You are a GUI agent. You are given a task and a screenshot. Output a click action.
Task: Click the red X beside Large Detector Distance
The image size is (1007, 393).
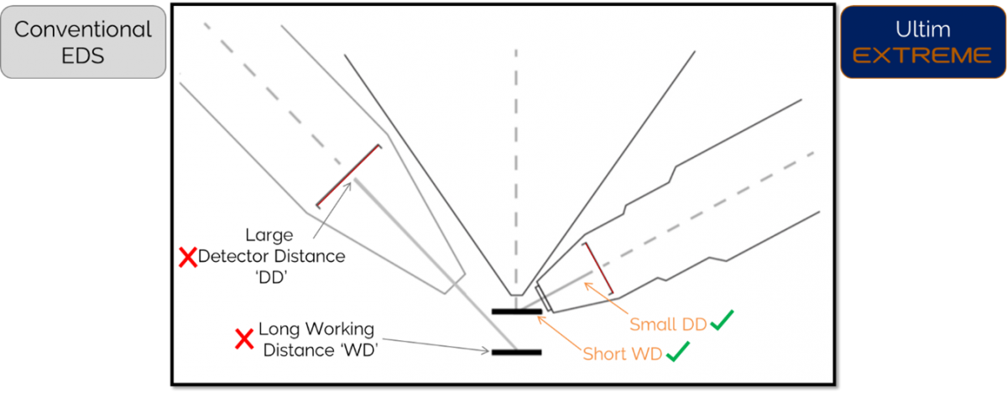click(x=188, y=258)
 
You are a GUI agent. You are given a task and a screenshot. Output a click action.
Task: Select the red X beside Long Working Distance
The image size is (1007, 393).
click(x=244, y=339)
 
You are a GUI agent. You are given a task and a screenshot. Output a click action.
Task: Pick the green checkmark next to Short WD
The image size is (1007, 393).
click(x=677, y=354)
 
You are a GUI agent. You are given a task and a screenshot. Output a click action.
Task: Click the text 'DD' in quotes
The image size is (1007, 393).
click(x=271, y=278)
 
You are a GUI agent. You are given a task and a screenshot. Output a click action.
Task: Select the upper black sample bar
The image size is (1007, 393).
click(x=517, y=312)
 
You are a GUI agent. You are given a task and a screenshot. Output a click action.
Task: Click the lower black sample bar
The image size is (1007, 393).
click(x=517, y=351)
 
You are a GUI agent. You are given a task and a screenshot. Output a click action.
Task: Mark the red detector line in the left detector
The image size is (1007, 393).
click(x=347, y=176)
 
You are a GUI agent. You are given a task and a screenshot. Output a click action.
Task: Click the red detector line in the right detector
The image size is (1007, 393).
click(x=599, y=269)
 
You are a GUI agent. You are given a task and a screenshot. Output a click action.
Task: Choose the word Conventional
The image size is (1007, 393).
click(x=83, y=30)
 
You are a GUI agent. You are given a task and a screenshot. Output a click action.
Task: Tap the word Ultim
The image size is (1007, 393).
click(x=922, y=29)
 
